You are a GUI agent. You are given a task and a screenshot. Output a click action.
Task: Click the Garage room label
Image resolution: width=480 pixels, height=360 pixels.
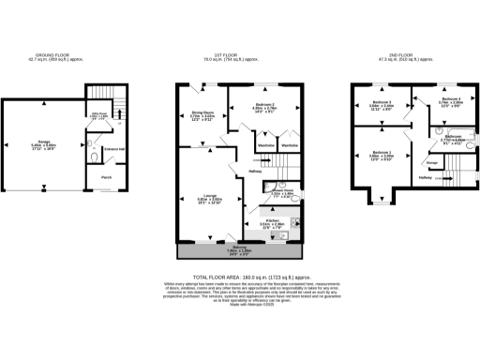pos(44,142)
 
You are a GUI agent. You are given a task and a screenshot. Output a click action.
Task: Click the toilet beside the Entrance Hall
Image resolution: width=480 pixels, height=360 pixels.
pos(95,148)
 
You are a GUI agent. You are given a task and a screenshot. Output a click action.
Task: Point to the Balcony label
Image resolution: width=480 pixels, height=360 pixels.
pos(239,247)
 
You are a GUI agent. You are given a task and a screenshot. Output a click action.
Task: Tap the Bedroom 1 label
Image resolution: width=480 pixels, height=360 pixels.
pos(381,152)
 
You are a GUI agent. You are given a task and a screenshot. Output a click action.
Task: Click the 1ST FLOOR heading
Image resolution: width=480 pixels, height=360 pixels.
pos(239,55)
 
